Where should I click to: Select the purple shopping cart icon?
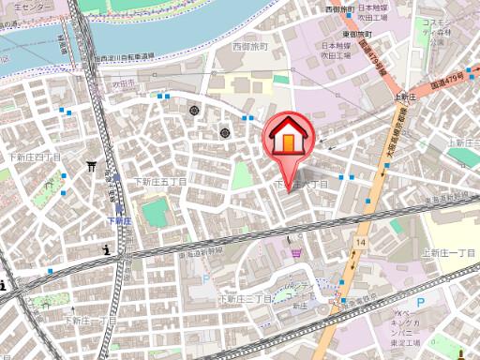point(296,251)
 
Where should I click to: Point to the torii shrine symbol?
point(92,167)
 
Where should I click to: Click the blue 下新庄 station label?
point(117,220)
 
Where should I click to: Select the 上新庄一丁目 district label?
point(449,253)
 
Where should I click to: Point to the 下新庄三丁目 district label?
point(245,298)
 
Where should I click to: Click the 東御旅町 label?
point(360,34)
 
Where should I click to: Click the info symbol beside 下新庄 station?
point(107,249)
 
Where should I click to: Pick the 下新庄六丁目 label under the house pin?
point(300,185)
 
